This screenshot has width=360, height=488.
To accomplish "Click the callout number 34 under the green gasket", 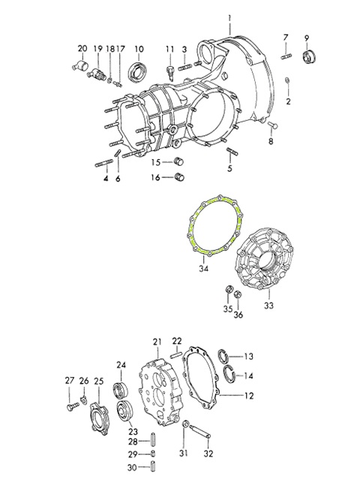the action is click(204, 268).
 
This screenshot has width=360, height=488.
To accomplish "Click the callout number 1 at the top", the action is click(229, 18).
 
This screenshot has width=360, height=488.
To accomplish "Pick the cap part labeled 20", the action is click(82, 65).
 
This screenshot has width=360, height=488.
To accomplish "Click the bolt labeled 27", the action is click(70, 406).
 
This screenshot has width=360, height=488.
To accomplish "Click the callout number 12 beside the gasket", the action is click(249, 396).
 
